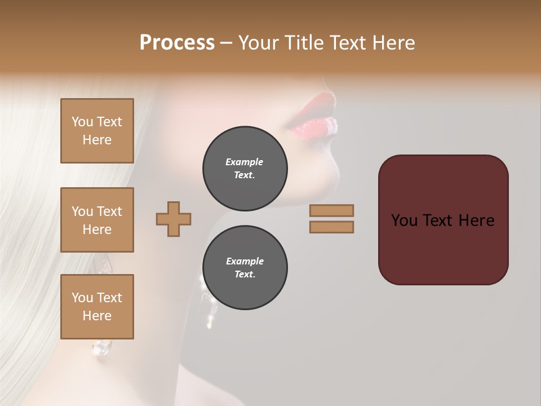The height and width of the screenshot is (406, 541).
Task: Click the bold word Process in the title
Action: tap(177, 43)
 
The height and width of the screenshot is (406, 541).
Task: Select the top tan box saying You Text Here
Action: tap(97, 131)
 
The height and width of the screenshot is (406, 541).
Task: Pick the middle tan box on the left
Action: tap(97, 220)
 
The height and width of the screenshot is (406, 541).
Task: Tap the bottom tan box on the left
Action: tap(97, 307)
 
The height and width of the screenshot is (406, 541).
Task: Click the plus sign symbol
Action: tap(174, 219)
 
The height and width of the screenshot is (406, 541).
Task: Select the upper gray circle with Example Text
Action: tap(245, 169)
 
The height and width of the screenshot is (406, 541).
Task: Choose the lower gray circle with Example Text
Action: tap(245, 268)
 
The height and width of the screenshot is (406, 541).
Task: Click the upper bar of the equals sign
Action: tap(331, 210)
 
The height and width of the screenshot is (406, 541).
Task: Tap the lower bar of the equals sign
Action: tap(331, 227)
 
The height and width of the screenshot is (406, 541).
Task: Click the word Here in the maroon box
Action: tap(476, 220)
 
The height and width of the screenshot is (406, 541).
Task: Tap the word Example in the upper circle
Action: tap(245, 162)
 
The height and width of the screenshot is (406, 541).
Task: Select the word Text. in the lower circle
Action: tap(245, 274)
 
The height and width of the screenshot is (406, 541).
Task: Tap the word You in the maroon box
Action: tap(404, 220)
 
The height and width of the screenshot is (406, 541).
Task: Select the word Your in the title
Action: tap(259, 43)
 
